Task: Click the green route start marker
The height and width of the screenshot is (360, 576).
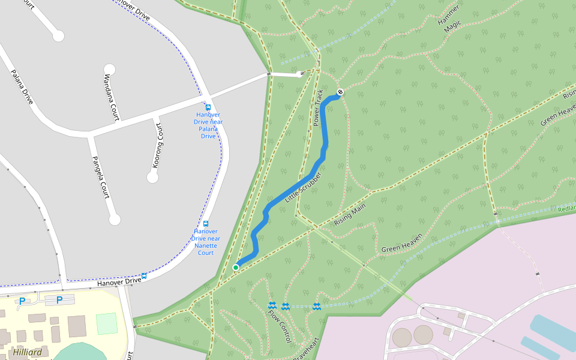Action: (x=236, y=267)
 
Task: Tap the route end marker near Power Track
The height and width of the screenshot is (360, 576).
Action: (x=340, y=92)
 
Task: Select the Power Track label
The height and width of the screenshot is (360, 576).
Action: (x=318, y=108)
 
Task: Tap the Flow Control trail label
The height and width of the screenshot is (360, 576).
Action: (x=280, y=326)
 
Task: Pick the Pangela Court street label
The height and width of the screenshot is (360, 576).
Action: (x=100, y=178)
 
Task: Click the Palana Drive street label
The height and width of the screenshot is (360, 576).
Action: (x=22, y=87)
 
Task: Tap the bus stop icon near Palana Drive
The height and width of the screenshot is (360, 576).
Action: (x=208, y=107)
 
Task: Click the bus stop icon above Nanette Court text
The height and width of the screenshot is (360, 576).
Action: (x=206, y=224)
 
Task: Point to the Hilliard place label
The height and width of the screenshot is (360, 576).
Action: (x=27, y=353)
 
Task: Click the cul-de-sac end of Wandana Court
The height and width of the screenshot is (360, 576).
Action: (x=109, y=69)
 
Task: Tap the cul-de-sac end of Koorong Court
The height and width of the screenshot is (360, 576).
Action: (x=152, y=178)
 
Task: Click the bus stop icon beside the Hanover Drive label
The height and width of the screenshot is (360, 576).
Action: (x=145, y=276)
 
